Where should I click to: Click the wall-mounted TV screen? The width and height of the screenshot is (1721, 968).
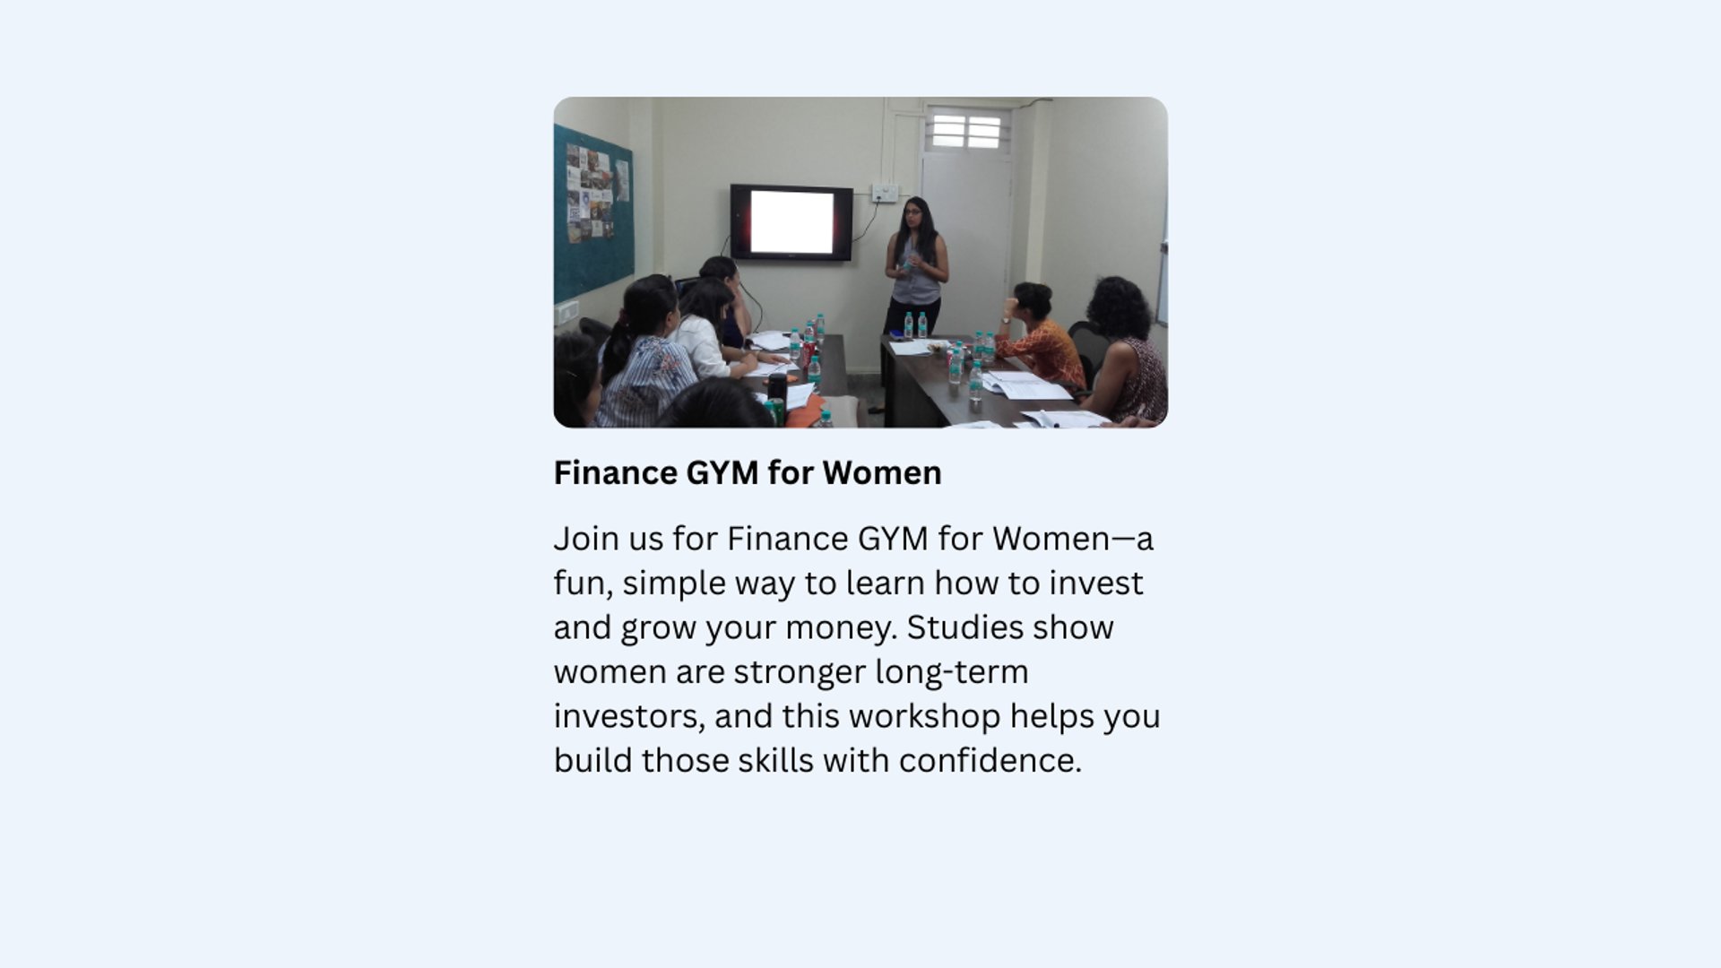click(x=791, y=222)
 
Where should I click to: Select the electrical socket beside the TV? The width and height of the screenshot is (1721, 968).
click(x=885, y=193)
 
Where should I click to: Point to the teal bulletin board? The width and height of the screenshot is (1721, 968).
click(x=592, y=213)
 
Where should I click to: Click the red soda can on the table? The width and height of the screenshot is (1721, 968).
click(x=807, y=353)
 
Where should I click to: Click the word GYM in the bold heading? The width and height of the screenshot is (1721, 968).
click(x=722, y=473)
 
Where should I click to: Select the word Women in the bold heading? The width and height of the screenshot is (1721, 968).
click(x=882, y=473)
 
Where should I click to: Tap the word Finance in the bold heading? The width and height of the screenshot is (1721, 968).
click(x=615, y=473)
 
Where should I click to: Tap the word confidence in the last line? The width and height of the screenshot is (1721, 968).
click(x=990, y=761)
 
